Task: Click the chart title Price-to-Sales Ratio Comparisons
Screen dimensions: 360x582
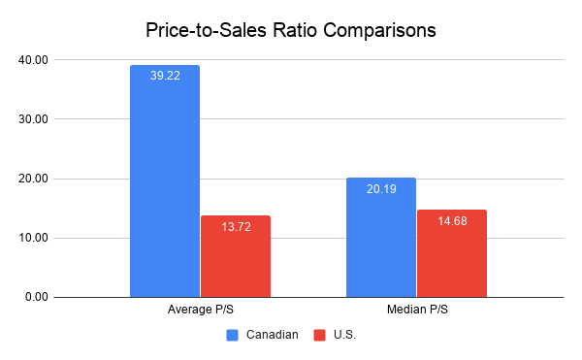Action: click(x=290, y=30)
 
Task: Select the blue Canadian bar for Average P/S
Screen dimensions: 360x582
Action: click(x=165, y=184)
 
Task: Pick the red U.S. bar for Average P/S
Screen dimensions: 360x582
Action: click(x=236, y=257)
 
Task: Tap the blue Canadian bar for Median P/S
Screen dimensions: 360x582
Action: click(x=380, y=238)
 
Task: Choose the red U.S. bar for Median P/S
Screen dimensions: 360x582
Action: click(x=452, y=254)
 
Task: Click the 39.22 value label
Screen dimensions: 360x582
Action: click(x=165, y=75)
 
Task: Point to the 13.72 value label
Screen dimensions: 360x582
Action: click(x=236, y=226)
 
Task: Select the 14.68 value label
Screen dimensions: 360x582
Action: click(x=452, y=220)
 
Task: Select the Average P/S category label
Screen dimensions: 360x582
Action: click(x=200, y=310)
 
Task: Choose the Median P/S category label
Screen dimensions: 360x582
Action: click(x=416, y=310)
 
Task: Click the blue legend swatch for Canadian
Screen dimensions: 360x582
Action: click(x=232, y=335)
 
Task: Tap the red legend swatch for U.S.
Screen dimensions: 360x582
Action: click(x=319, y=335)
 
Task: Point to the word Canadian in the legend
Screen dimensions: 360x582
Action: click(x=272, y=335)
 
